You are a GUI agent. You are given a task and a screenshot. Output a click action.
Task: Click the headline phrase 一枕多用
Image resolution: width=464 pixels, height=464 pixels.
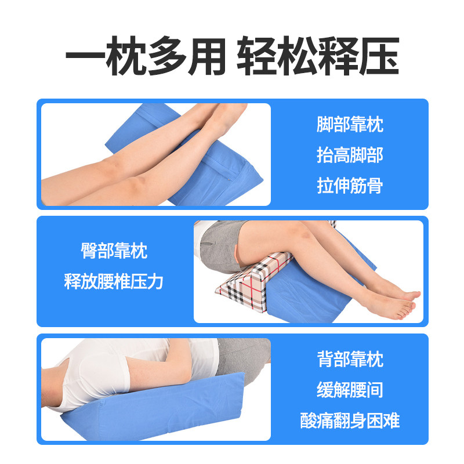coord(146,55)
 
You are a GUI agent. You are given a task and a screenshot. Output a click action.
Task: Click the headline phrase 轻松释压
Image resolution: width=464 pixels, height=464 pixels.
coord(318,55)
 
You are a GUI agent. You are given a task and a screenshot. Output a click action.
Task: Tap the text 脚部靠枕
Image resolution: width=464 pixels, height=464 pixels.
coord(350,124)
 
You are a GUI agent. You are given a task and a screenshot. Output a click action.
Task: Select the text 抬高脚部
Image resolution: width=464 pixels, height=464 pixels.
coord(350,155)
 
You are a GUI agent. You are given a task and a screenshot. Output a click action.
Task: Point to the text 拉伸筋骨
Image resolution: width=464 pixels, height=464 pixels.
coord(350,186)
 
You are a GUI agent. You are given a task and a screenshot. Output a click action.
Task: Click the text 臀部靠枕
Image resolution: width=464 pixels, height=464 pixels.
coord(114,251)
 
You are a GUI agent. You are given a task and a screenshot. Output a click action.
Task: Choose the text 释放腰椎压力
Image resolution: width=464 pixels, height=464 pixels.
coord(114,281)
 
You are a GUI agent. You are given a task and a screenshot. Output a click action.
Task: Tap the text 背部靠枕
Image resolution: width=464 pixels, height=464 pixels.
coord(350,359)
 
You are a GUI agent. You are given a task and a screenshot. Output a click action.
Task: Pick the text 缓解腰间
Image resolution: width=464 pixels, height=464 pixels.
coord(350,390)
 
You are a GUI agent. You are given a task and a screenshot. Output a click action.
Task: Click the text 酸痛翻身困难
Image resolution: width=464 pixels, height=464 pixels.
coord(350,420)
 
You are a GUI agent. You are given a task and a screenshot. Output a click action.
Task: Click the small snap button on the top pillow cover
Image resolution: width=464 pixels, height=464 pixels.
coord(230,179)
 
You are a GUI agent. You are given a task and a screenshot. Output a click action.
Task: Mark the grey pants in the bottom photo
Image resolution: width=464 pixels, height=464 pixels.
coord(242,360)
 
